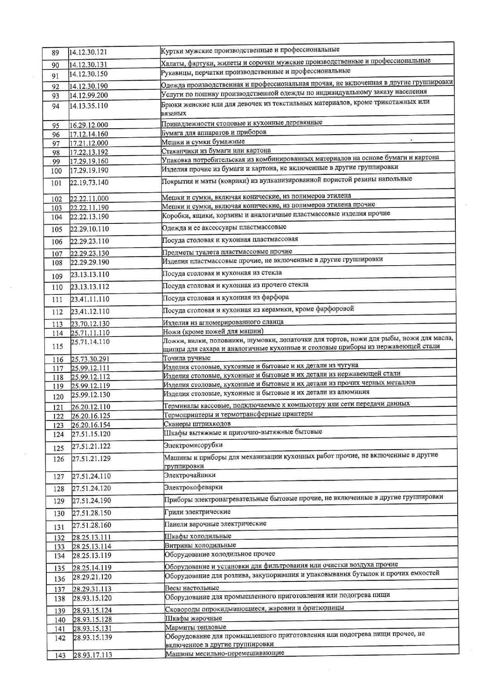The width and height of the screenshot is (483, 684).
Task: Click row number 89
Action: point(55,53)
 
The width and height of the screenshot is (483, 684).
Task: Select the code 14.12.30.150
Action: point(88,74)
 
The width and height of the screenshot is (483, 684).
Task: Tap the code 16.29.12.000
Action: point(89,125)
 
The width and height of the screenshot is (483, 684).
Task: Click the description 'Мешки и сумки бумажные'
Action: point(203,142)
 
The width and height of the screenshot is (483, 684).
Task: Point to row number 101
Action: point(56,183)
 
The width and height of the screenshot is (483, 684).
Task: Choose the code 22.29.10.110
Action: point(90,229)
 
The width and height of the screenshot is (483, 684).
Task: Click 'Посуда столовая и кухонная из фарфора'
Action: point(226,298)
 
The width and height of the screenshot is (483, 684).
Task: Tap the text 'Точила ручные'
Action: point(187,358)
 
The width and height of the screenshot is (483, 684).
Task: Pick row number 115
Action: point(57,346)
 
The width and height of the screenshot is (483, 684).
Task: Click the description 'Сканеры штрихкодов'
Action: point(197,424)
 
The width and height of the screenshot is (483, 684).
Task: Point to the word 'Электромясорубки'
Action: point(193,445)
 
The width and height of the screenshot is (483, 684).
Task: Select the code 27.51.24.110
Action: point(91,476)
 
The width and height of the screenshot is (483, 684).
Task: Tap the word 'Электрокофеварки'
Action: point(193,487)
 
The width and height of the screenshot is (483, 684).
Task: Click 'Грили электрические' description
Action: point(197,512)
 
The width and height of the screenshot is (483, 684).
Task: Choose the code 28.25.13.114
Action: point(92,547)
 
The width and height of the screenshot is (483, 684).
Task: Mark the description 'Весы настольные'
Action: point(192,588)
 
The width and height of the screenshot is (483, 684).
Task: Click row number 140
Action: point(60,620)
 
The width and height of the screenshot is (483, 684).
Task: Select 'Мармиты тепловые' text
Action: point(196,627)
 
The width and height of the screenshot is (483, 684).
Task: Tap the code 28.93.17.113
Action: point(93,655)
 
